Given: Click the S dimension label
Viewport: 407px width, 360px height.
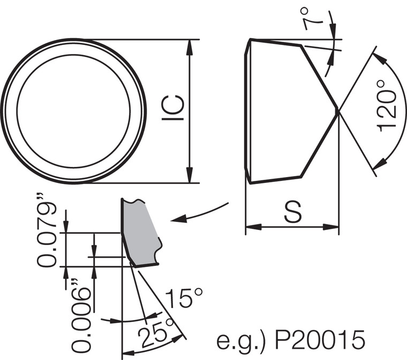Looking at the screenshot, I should pos(292,213).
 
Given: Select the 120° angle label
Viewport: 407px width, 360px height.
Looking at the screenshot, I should pos(387,109).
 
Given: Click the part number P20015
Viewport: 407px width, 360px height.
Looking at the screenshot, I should pos(320,340).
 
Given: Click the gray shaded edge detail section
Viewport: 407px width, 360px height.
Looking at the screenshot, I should pos(140,233).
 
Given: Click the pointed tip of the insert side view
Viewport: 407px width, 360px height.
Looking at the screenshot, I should pos(338,111).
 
